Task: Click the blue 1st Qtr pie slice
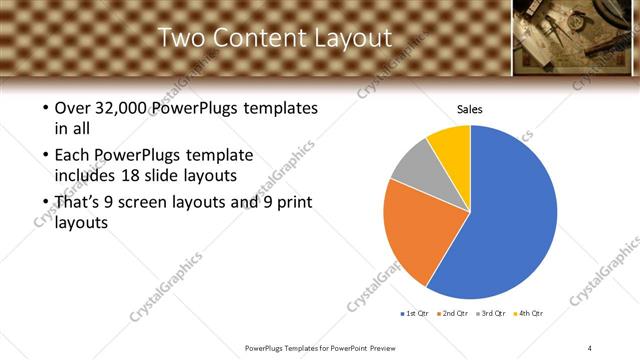(x=510, y=220)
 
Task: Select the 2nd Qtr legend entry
(x=452, y=314)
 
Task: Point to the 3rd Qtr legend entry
(x=491, y=314)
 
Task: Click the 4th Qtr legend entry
(x=528, y=314)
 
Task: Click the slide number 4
(x=590, y=347)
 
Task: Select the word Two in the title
(x=182, y=38)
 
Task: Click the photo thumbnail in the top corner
(x=576, y=36)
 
